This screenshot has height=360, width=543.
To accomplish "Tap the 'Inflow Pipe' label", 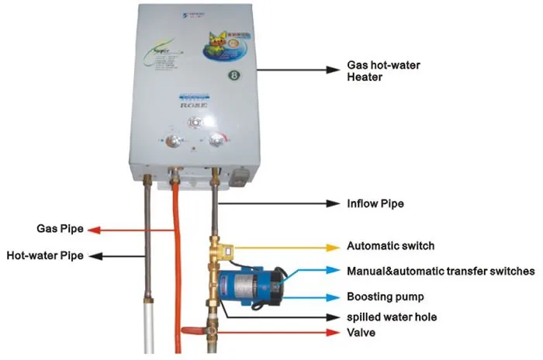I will [x=375, y=205].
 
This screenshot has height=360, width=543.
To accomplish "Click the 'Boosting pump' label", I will [x=385, y=297].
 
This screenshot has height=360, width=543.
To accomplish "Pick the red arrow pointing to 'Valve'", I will [x=271, y=333].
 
